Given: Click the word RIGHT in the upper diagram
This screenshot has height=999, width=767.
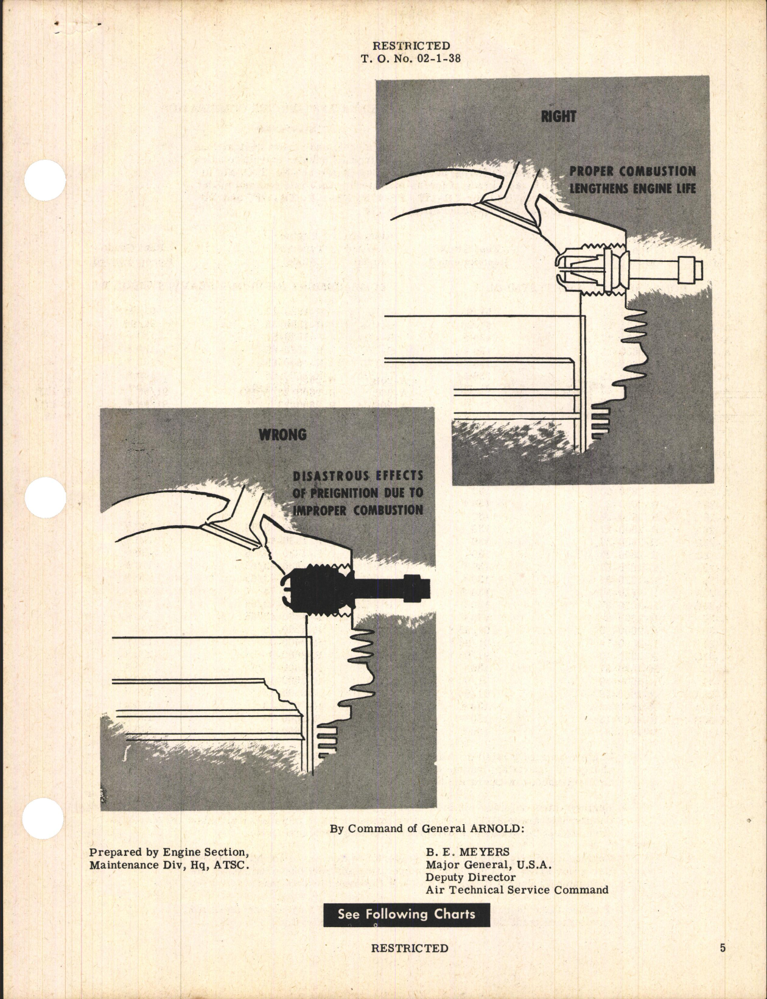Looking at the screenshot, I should point(558,116).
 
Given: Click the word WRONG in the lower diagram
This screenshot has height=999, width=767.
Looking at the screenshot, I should point(282,435).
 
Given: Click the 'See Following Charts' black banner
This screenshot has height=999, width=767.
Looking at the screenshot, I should point(406,914).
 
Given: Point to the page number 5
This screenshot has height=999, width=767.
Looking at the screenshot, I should point(722,948).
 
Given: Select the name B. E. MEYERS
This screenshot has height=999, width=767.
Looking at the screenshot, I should point(468,852).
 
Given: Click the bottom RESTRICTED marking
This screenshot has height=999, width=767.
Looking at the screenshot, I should point(409,948).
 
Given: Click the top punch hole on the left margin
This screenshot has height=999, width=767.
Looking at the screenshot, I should point(45,180).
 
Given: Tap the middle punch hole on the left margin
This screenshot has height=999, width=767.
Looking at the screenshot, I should point(45,498).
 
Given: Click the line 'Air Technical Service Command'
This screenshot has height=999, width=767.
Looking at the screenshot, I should point(516,890).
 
